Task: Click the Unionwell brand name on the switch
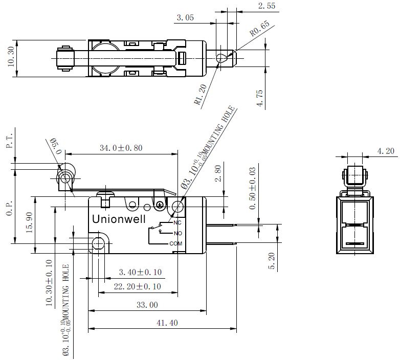coord(119,219)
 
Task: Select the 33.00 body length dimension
coord(147,305)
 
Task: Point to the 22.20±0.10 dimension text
coord(137,286)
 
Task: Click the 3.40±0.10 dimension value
coord(140,272)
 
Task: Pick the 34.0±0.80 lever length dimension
coord(121,148)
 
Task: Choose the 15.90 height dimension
coord(29,222)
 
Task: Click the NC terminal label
coord(177,222)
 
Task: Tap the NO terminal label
coord(178,233)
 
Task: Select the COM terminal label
coord(176,244)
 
